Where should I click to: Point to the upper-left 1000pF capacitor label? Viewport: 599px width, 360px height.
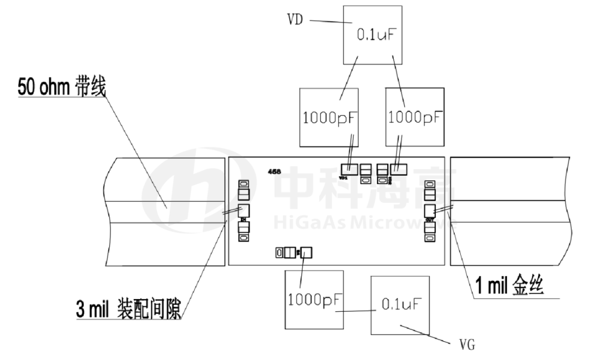pyautogui.click(x=329, y=118)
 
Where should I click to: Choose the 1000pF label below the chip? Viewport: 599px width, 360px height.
pyautogui.click(x=313, y=300)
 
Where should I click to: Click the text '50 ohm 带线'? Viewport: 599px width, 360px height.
pyautogui.click(x=61, y=87)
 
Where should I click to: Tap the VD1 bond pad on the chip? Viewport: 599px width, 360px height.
pyautogui.click(x=349, y=169)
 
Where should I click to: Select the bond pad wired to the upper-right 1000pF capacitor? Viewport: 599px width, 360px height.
pyautogui.click(x=398, y=168)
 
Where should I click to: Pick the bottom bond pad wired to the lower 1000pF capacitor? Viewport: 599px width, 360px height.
pyautogui.click(x=307, y=253)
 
